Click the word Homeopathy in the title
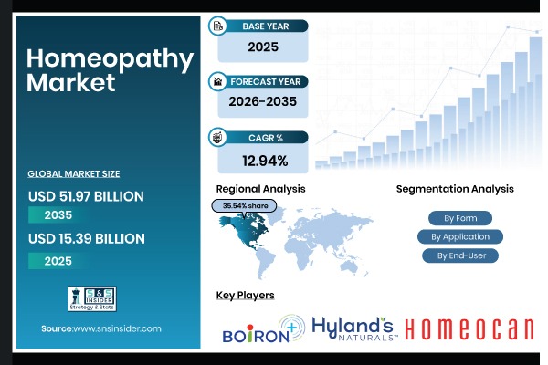click(x=110, y=59)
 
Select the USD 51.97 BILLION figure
click(x=86, y=195)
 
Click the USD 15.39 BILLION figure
click(x=86, y=238)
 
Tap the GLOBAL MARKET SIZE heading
click(x=74, y=173)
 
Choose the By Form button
click(x=460, y=218)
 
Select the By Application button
click(x=460, y=236)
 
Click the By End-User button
click(x=460, y=255)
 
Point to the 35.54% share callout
click(x=245, y=206)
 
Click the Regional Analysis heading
click(x=260, y=189)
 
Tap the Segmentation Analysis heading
click(x=455, y=189)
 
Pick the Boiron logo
click(x=263, y=330)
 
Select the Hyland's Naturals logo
click(x=353, y=328)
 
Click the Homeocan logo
click(x=469, y=330)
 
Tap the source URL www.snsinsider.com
click(x=101, y=328)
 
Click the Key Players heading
click(x=245, y=296)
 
